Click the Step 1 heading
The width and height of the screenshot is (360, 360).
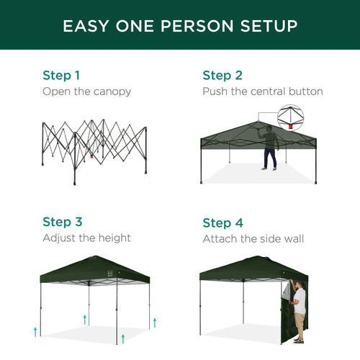[62, 75]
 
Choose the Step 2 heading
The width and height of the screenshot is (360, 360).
[222, 75]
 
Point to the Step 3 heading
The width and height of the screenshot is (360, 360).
[62, 222]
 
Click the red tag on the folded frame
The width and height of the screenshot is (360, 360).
[92, 154]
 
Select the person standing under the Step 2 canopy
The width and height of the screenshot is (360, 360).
[269, 148]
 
